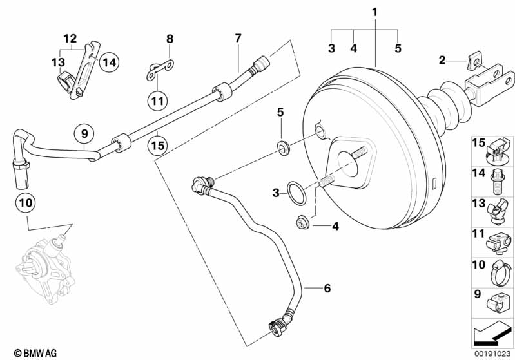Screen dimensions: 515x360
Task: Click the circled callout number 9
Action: [x=84, y=133]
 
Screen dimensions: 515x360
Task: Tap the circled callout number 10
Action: [x=26, y=202]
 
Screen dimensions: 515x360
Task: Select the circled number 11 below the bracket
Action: [x=157, y=100]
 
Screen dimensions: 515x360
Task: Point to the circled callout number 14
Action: [x=109, y=62]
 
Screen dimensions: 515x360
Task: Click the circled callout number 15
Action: [x=157, y=145]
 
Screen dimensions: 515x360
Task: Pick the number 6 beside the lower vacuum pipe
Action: [x=327, y=288]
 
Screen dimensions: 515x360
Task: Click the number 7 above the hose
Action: [x=238, y=38]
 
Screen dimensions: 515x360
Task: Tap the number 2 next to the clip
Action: [x=442, y=60]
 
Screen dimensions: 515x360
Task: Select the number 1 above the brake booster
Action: [x=374, y=12]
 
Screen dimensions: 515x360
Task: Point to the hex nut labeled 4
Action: [x=300, y=223]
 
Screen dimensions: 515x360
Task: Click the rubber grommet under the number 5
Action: [x=283, y=146]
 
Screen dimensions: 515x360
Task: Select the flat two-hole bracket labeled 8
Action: [x=160, y=70]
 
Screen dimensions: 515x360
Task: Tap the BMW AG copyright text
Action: [x=35, y=353]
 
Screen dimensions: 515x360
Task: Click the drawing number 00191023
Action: [x=492, y=354]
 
